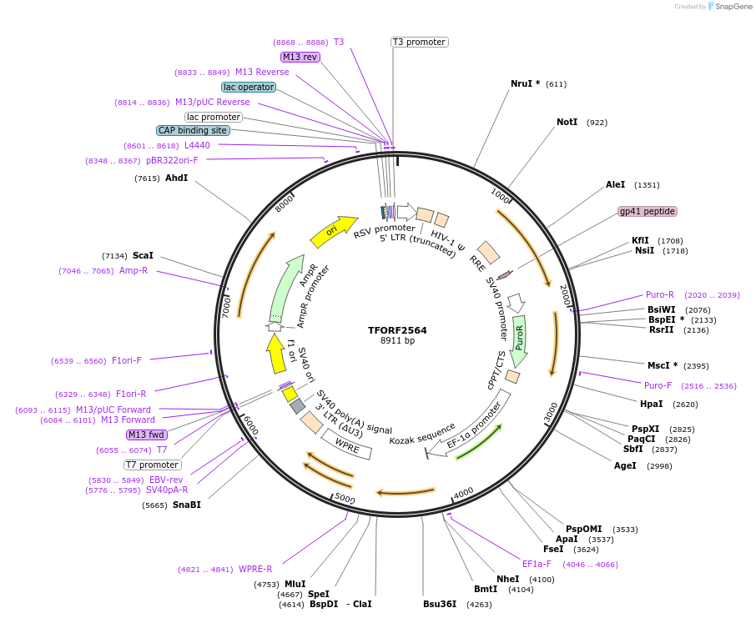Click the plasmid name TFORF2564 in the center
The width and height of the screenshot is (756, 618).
[x=397, y=330]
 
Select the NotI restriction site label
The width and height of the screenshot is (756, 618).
[x=567, y=123]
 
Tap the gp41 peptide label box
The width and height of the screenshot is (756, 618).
[x=647, y=211]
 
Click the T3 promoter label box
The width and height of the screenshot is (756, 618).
[x=419, y=42]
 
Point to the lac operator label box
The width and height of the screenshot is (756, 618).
[x=249, y=87]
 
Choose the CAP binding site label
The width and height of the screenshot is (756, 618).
[x=192, y=130]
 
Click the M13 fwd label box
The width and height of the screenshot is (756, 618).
[x=147, y=435]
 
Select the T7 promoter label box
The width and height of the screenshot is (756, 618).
[x=152, y=465]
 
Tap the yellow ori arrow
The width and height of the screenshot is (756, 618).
[x=330, y=234]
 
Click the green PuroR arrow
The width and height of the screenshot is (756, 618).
[x=519, y=340]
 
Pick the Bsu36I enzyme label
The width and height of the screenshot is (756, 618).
[x=440, y=604]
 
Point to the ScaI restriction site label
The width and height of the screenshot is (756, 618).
[x=143, y=255]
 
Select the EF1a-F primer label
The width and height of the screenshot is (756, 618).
[x=537, y=564]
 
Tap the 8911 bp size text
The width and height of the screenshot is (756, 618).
[x=397, y=341]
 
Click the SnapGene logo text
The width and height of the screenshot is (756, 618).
[x=731, y=7]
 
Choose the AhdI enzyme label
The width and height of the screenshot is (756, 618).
[x=176, y=178]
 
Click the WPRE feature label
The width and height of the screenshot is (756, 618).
[x=347, y=446]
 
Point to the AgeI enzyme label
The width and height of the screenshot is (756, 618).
[x=625, y=465]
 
